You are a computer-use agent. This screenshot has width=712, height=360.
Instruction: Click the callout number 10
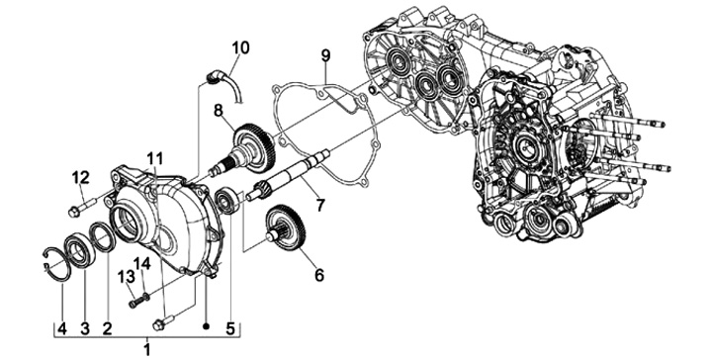coord(240,47)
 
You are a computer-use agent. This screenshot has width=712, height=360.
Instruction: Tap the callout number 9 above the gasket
coord(326,55)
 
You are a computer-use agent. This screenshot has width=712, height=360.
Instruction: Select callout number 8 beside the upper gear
coord(219,110)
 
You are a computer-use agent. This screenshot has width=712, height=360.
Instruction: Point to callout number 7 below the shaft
coord(320,205)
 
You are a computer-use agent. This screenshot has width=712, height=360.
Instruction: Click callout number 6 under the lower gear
coord(319,275)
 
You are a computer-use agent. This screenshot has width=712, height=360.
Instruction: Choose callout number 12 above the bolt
coord(80,178)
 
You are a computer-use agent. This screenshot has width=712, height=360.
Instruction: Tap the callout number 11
coord(154,158)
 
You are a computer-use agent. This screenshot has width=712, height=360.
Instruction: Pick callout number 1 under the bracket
coord(146,349)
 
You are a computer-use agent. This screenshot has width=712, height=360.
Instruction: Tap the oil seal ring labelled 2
coord(103,236)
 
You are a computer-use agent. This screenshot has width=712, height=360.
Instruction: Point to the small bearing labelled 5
coord(228,200)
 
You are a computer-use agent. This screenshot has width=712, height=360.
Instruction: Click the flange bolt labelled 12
coord(81,206)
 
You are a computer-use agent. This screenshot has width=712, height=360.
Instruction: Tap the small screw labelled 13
coord(136,302)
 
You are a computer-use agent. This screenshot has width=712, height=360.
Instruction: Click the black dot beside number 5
coord(206,326)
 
